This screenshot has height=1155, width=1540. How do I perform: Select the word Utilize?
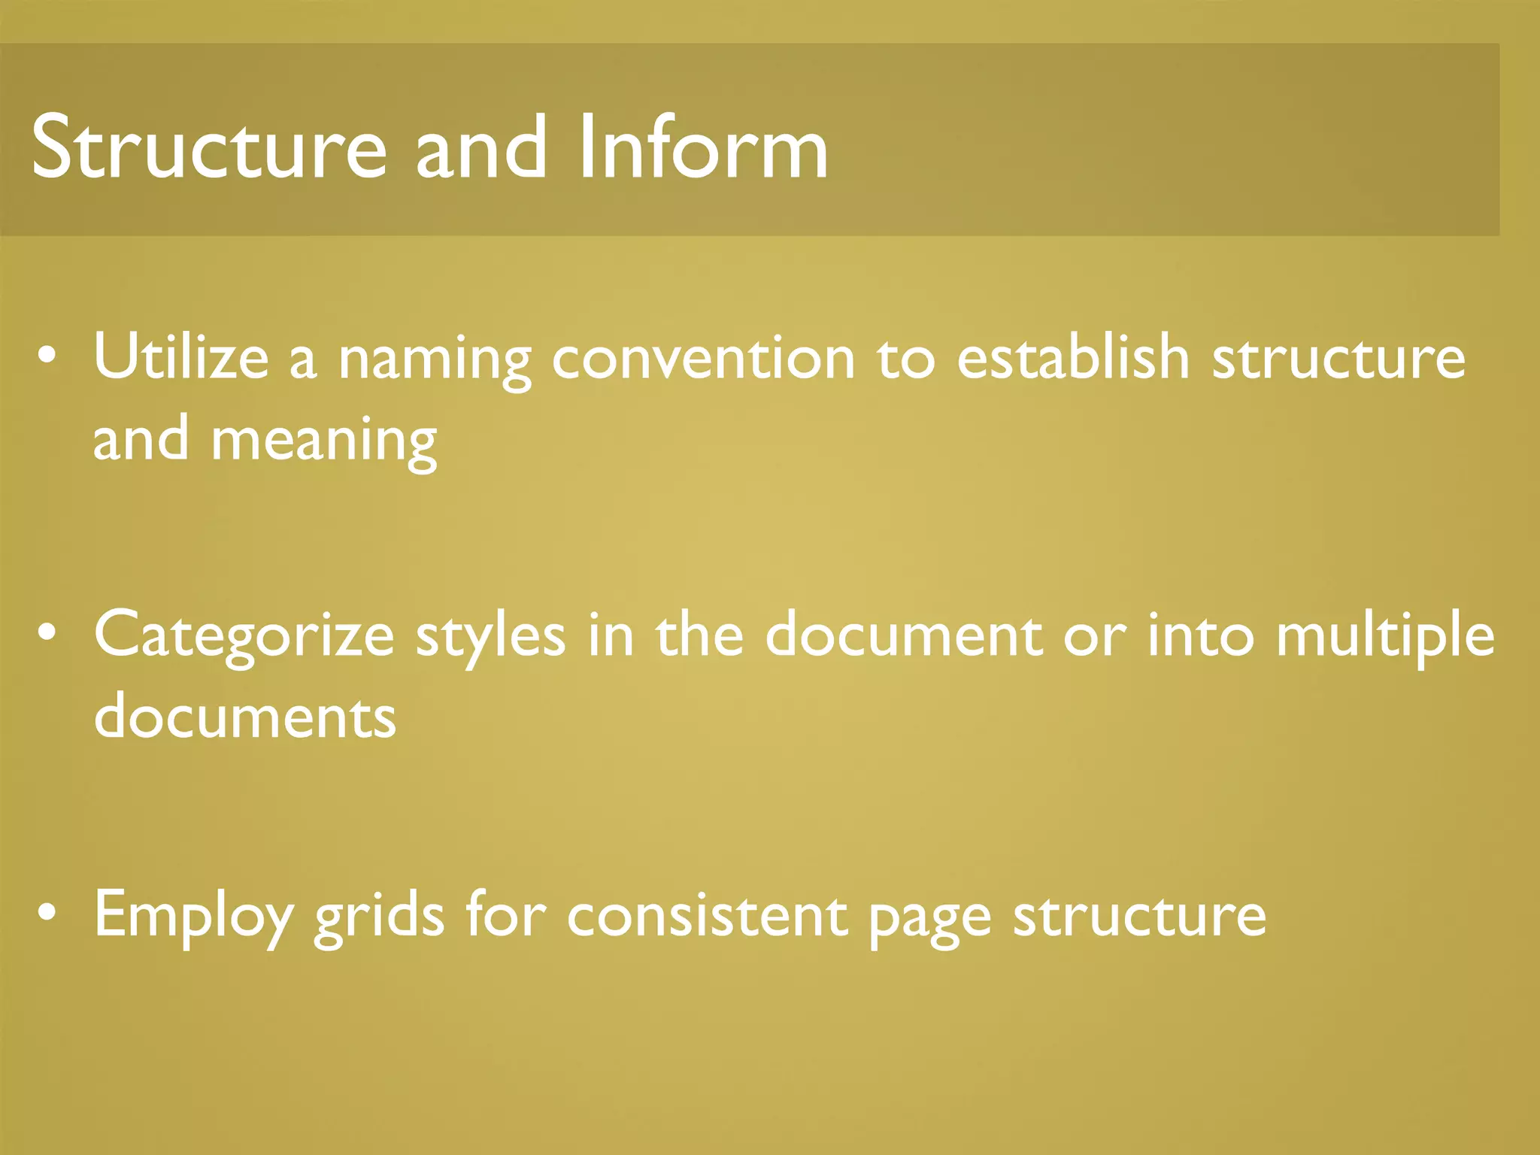(x=181, y=357)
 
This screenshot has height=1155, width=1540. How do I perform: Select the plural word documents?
(x=244, y=716)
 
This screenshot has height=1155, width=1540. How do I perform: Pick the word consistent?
(x=707, y=916)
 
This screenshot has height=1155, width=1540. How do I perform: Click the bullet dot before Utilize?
(x=47, y=356)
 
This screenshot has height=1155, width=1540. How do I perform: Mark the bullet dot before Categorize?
(x=47, y=634)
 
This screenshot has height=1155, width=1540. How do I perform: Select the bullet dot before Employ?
(x=47, y=913)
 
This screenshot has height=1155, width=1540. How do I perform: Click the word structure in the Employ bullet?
(x=1139, y=916)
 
